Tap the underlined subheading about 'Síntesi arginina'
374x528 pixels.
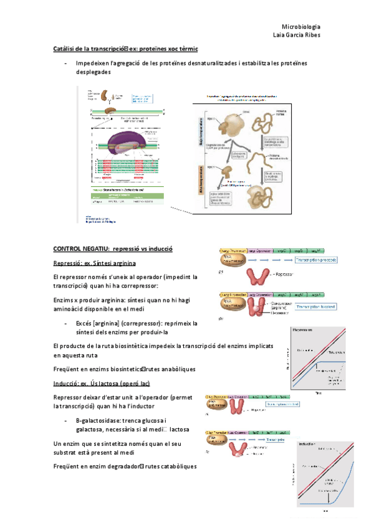[x=90, y=263]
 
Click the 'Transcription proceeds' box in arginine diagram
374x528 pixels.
[x=316, y=260]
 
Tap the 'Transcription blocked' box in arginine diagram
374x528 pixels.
[x=316, y=306]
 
